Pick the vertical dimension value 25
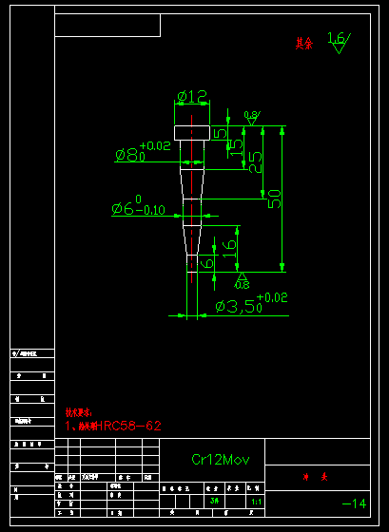255,162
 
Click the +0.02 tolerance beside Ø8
155,145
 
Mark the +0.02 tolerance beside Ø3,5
273,297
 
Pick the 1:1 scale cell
256,501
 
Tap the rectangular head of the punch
191,132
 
